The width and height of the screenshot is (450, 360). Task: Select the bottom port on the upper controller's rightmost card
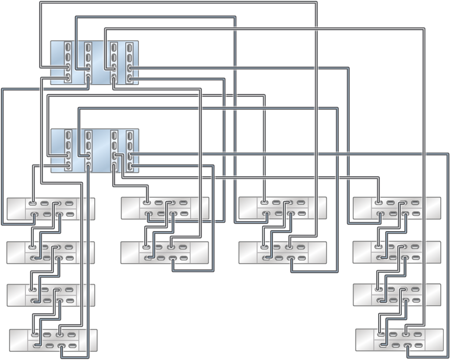(129, 79)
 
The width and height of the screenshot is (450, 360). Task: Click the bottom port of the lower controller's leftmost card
(68, 166)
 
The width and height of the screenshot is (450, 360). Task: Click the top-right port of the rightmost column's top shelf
(415, 203)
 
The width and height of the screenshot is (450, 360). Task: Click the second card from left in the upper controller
(88, 63)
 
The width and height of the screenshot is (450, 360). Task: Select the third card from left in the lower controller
(114, 150)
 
